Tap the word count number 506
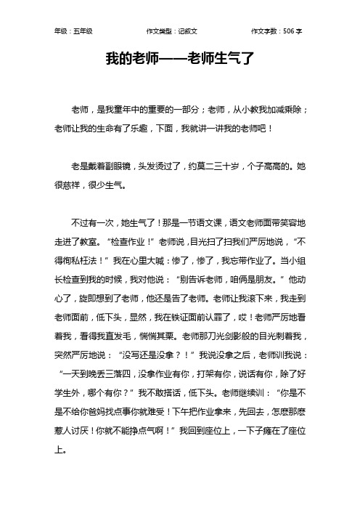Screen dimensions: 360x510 [285, 31]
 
